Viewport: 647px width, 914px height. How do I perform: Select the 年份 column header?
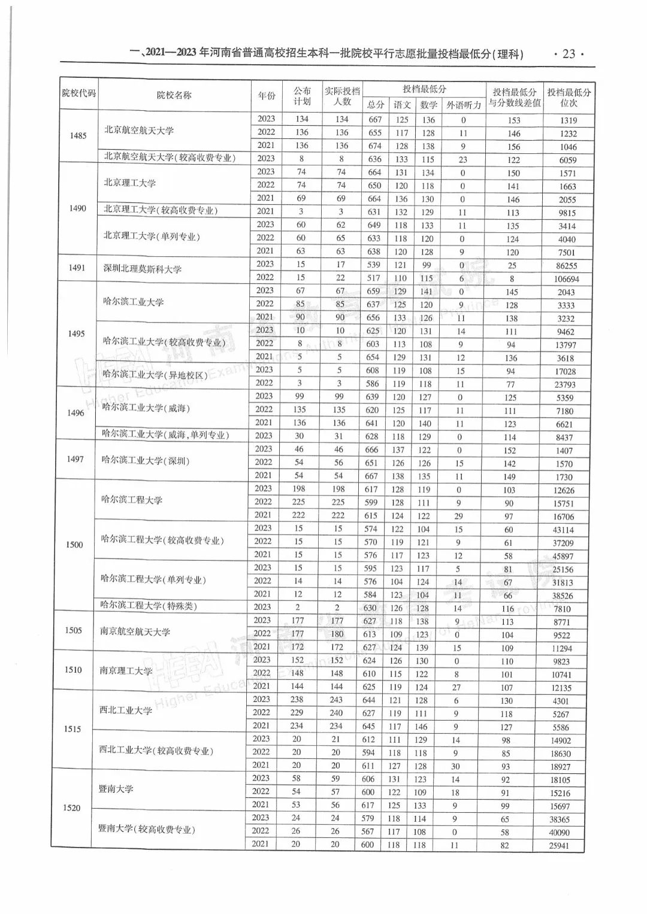coord(267,95)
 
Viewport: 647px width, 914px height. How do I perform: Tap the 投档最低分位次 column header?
coord(569,97)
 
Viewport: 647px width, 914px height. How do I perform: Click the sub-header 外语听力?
coord(464,105)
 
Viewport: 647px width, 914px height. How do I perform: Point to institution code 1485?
coord(78,135)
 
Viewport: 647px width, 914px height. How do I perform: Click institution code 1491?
coord(77,268)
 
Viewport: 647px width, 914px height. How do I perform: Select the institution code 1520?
coord(71,807)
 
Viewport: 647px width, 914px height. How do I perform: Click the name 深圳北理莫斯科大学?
coord(142,269)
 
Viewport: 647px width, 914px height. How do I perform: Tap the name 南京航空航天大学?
coord(135,631)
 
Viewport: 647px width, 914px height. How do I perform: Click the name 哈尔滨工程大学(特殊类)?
coord(149,606)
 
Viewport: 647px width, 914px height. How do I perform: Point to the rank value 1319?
coord(569,120)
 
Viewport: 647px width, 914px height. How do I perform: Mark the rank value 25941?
coord(559,846)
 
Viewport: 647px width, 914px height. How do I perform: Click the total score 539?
coord(373,265)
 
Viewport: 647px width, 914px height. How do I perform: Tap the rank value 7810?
coord(562,609)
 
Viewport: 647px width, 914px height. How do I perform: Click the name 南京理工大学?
coord(126,671)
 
